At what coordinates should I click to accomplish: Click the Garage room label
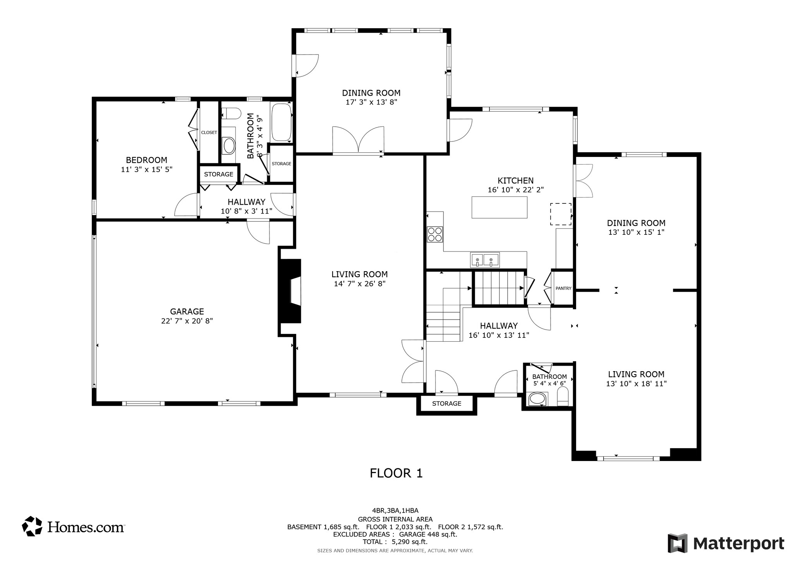pos(187,311)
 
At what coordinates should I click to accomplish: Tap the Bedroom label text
pos(146,160)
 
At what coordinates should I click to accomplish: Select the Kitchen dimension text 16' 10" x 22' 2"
pos(515,190)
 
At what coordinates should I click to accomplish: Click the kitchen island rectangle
pos(499,207)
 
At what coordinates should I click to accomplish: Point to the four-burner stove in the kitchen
pos(435,234)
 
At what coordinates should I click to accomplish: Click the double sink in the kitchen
pos(485,260)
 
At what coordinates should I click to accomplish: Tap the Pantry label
pos(563,288)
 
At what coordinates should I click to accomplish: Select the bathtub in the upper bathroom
pos(281,122)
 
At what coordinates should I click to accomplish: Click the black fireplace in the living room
pos(290,291)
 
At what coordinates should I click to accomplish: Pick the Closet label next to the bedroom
pos(209,133)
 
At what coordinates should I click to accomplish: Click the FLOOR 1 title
pos(396,473)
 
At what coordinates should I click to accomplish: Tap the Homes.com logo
pos(73,527)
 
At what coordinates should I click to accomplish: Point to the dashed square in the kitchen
pos(561,214)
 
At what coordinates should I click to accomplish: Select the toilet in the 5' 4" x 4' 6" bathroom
pos(563,398)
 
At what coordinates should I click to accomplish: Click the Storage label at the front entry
pos(446,404)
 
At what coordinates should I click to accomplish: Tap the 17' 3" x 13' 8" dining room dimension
pos(371,102)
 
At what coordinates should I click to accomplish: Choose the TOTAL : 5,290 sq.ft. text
pos(395,542)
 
